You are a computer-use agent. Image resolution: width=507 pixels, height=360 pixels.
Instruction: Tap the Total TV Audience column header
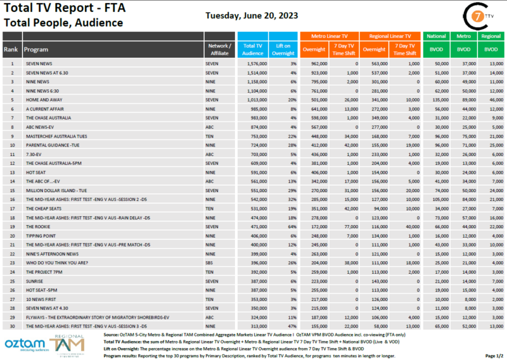click(x=253, y=49)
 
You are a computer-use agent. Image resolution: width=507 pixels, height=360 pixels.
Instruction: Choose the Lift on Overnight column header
click(x=283, y=49)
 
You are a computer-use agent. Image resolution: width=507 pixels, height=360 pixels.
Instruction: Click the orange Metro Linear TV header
click(x=330, y=37)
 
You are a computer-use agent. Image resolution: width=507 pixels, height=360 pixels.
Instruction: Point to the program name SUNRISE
click(x=35, y=280)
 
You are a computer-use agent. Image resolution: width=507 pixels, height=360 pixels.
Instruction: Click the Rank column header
click(x=11, y=49)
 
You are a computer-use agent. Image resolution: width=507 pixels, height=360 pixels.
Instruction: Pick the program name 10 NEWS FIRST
click(x=41, y=299)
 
